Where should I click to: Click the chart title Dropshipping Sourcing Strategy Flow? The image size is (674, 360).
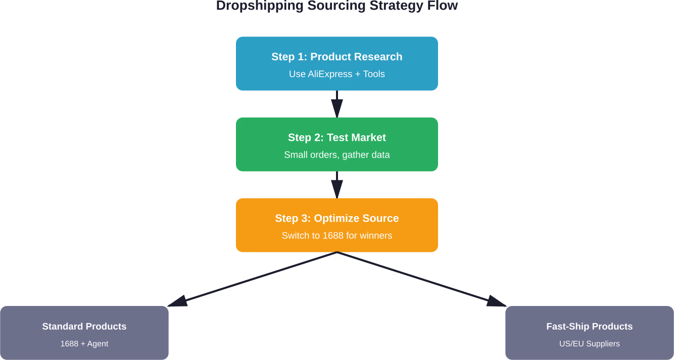click(x=336, y=6)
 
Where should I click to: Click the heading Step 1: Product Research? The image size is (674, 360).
click(x=336, y=57)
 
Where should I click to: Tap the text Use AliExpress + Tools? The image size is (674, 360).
click(x=336, y=74)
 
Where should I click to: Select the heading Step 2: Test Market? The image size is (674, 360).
click(x=336, y=137)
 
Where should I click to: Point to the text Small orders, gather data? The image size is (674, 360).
click(x=336, y=155)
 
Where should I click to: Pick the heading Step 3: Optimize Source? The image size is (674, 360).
click(x=336, y=218)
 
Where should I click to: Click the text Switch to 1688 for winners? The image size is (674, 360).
click(x=336, y=236)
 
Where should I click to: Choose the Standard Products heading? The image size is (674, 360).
click(x=84, y=327)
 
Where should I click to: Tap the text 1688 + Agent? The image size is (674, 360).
click(x=84, y=344)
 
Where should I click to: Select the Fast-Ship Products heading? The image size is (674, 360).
click(x=589, y=327)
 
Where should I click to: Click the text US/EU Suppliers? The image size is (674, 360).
click(x=589, y=344)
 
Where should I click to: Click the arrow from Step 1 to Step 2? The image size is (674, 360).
click(x=337, y=104)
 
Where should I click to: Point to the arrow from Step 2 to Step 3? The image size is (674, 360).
click(x=337, y=185)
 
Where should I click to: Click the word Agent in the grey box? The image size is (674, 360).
click(x=98, y=344)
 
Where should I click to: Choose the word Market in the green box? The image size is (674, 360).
click(x=370, y=137)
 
